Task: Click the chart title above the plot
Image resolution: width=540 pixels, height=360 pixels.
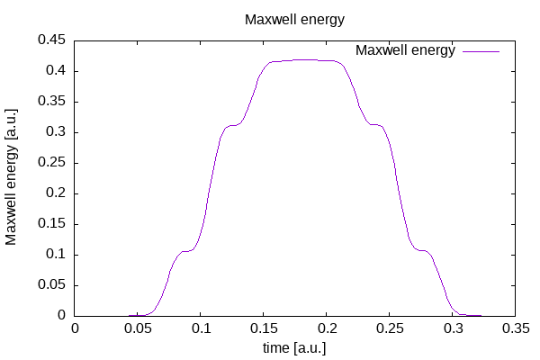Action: click(294, 19)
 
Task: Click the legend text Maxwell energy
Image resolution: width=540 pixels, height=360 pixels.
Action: click(406, 50)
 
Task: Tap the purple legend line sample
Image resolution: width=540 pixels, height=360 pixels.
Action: click(481, 51)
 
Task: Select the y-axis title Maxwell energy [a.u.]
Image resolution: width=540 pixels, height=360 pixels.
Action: click(13, 177)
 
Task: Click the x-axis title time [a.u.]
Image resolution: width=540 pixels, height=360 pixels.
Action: click(294, 347)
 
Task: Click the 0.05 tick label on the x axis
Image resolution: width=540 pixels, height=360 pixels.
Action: click(138, 329)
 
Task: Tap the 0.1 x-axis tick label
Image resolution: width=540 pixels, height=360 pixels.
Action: click(201, 329)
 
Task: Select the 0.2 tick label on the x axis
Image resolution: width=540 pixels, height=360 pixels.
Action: click(327, 329)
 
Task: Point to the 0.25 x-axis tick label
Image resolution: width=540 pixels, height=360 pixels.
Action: click(390, 329)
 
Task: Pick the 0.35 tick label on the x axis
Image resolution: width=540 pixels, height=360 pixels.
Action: click(516, 329)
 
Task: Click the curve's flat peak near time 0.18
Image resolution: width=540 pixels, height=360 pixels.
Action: click(301, 60)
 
